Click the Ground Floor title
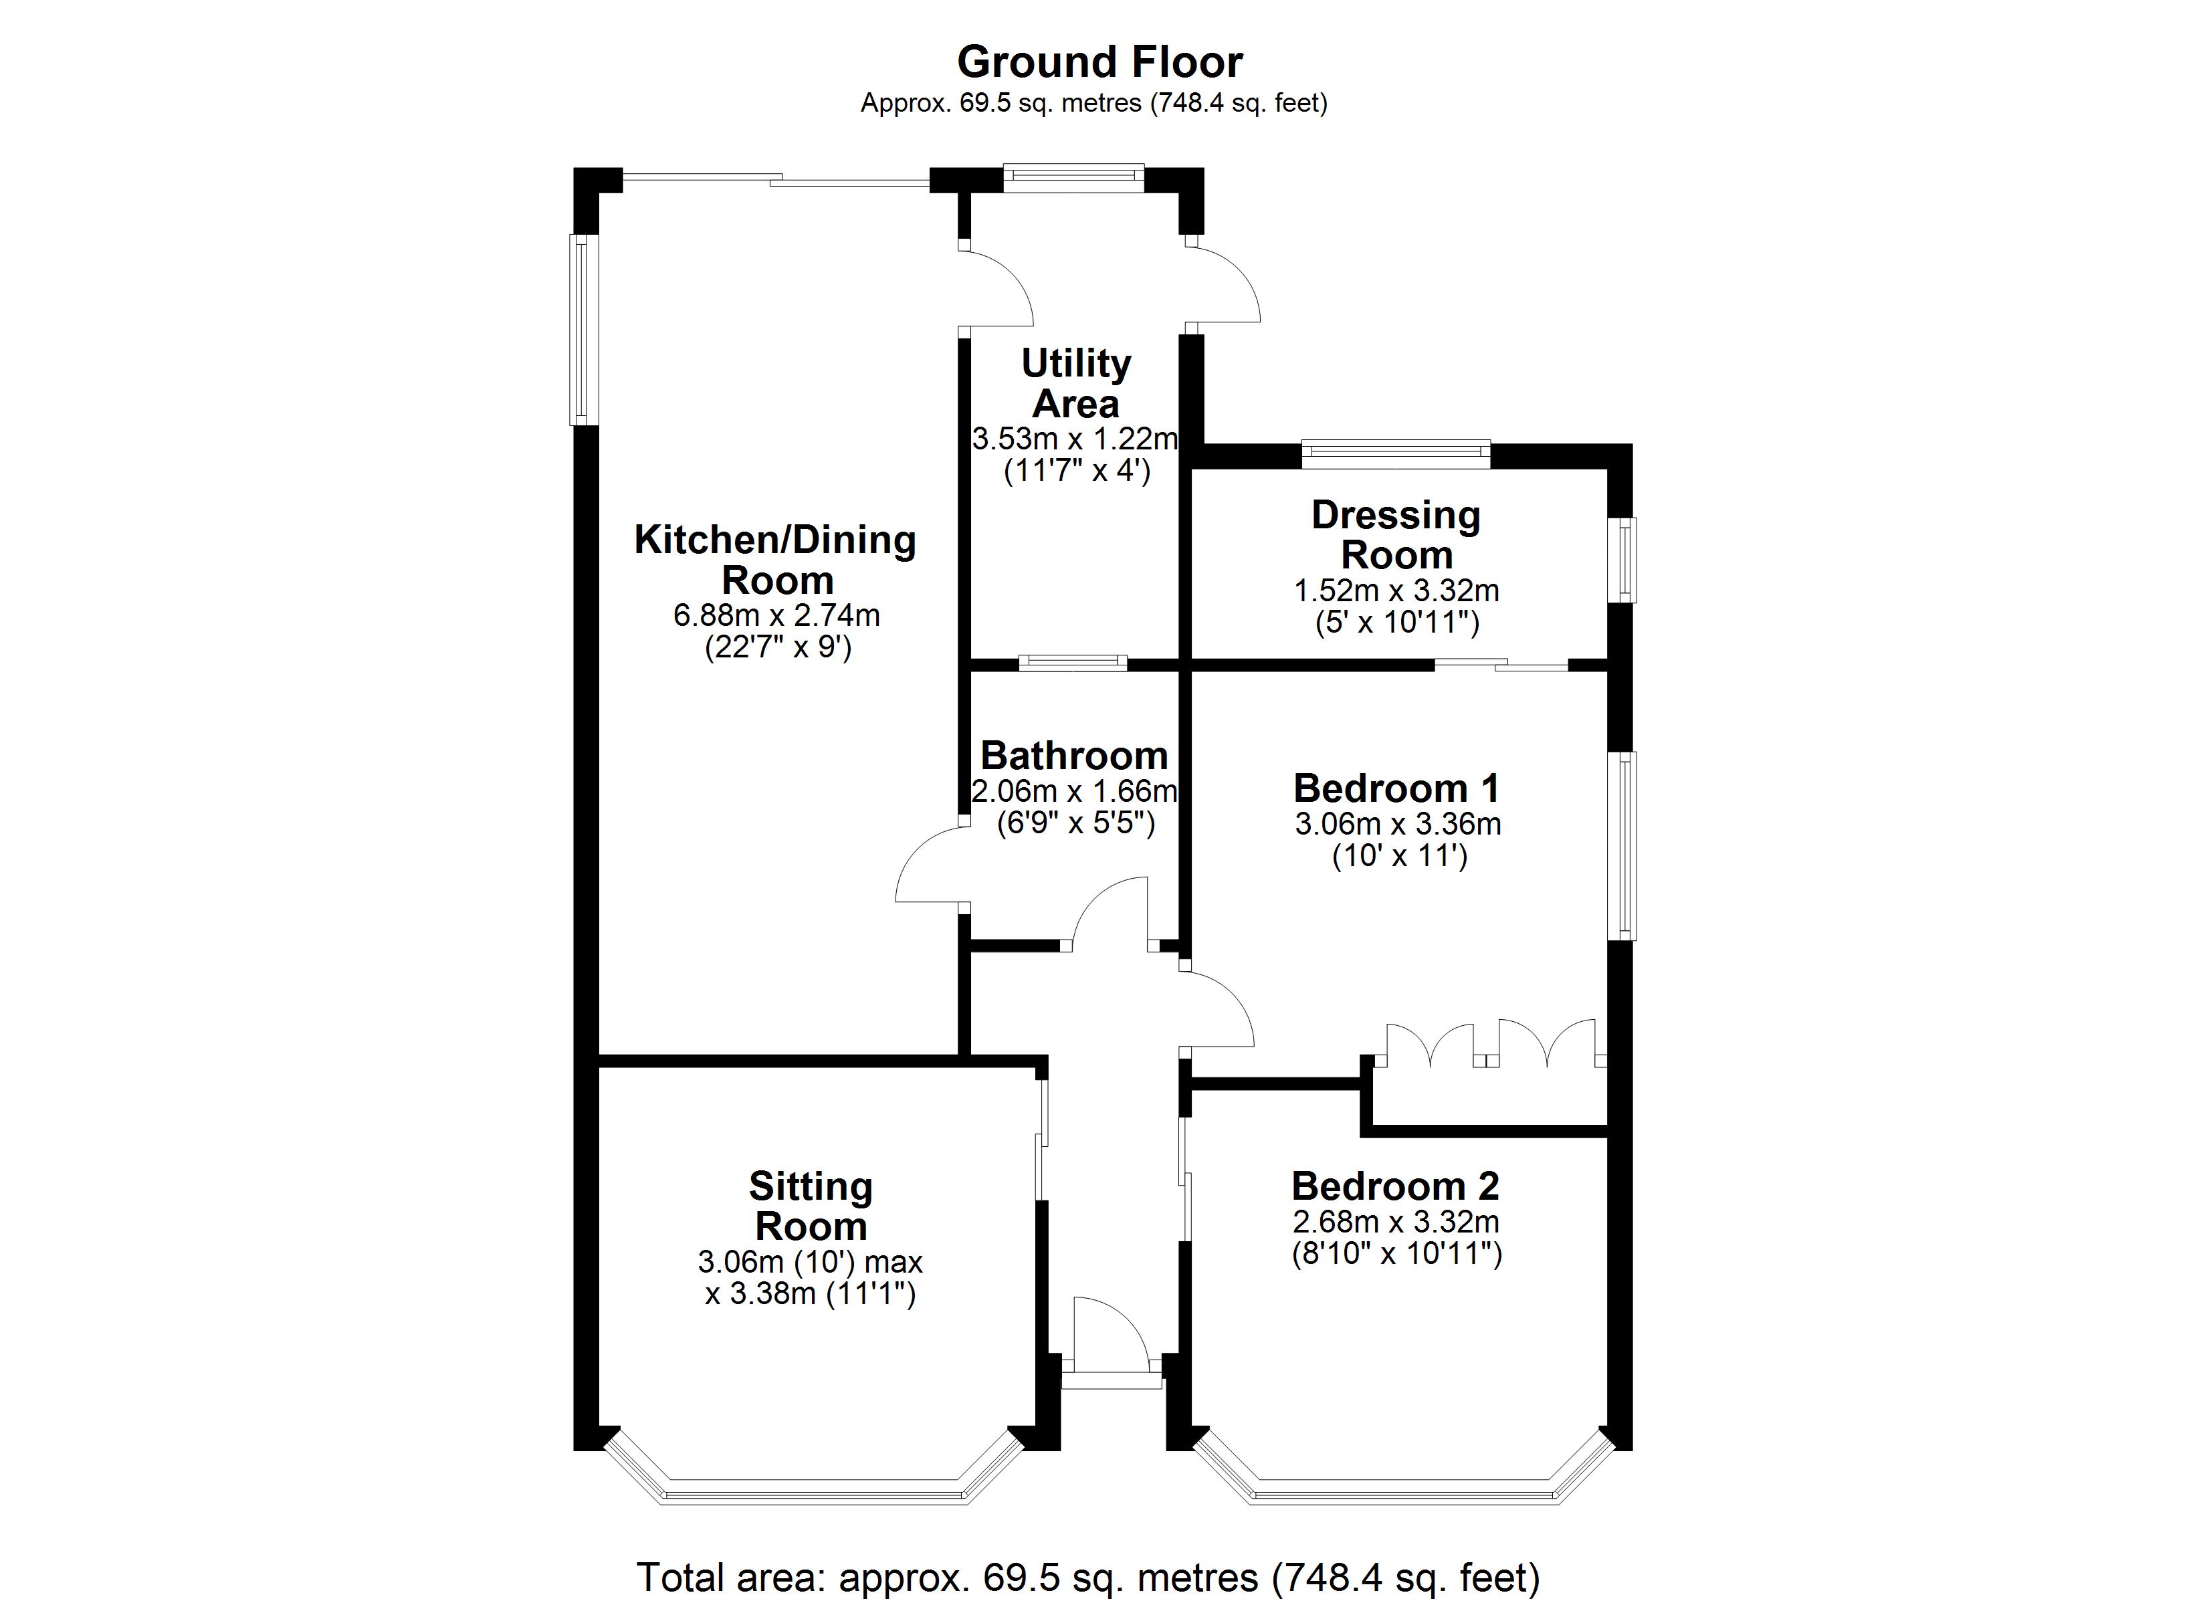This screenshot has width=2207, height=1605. tap(1099, 62)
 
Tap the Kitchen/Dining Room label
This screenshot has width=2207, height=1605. tap(776, 560)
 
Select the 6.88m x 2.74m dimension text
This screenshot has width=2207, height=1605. tap(776, 615)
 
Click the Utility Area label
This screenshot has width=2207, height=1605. tap(1075, 383)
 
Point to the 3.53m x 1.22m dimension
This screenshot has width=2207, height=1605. tap(1075, 439)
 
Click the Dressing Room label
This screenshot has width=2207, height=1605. tap(1396, 534)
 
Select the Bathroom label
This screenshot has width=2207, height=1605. tap(1074, 755)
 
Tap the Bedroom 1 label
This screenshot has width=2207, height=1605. tap(1396, 787)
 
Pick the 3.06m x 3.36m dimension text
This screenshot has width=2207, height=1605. tap(1397, 825)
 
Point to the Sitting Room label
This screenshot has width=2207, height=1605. tap(811, 1206)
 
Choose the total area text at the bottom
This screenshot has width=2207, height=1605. tap(1088, 1577)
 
